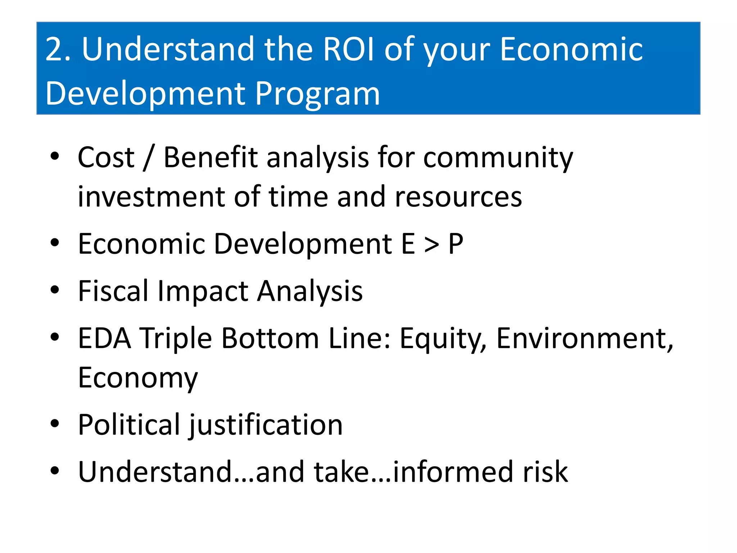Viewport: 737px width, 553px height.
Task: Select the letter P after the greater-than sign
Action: pos(456,244)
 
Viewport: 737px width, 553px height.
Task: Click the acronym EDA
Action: pos(104,338)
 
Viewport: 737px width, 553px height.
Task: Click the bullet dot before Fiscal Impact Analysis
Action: pos(55,290)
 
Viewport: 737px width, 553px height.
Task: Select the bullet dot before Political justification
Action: pos(55,424)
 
